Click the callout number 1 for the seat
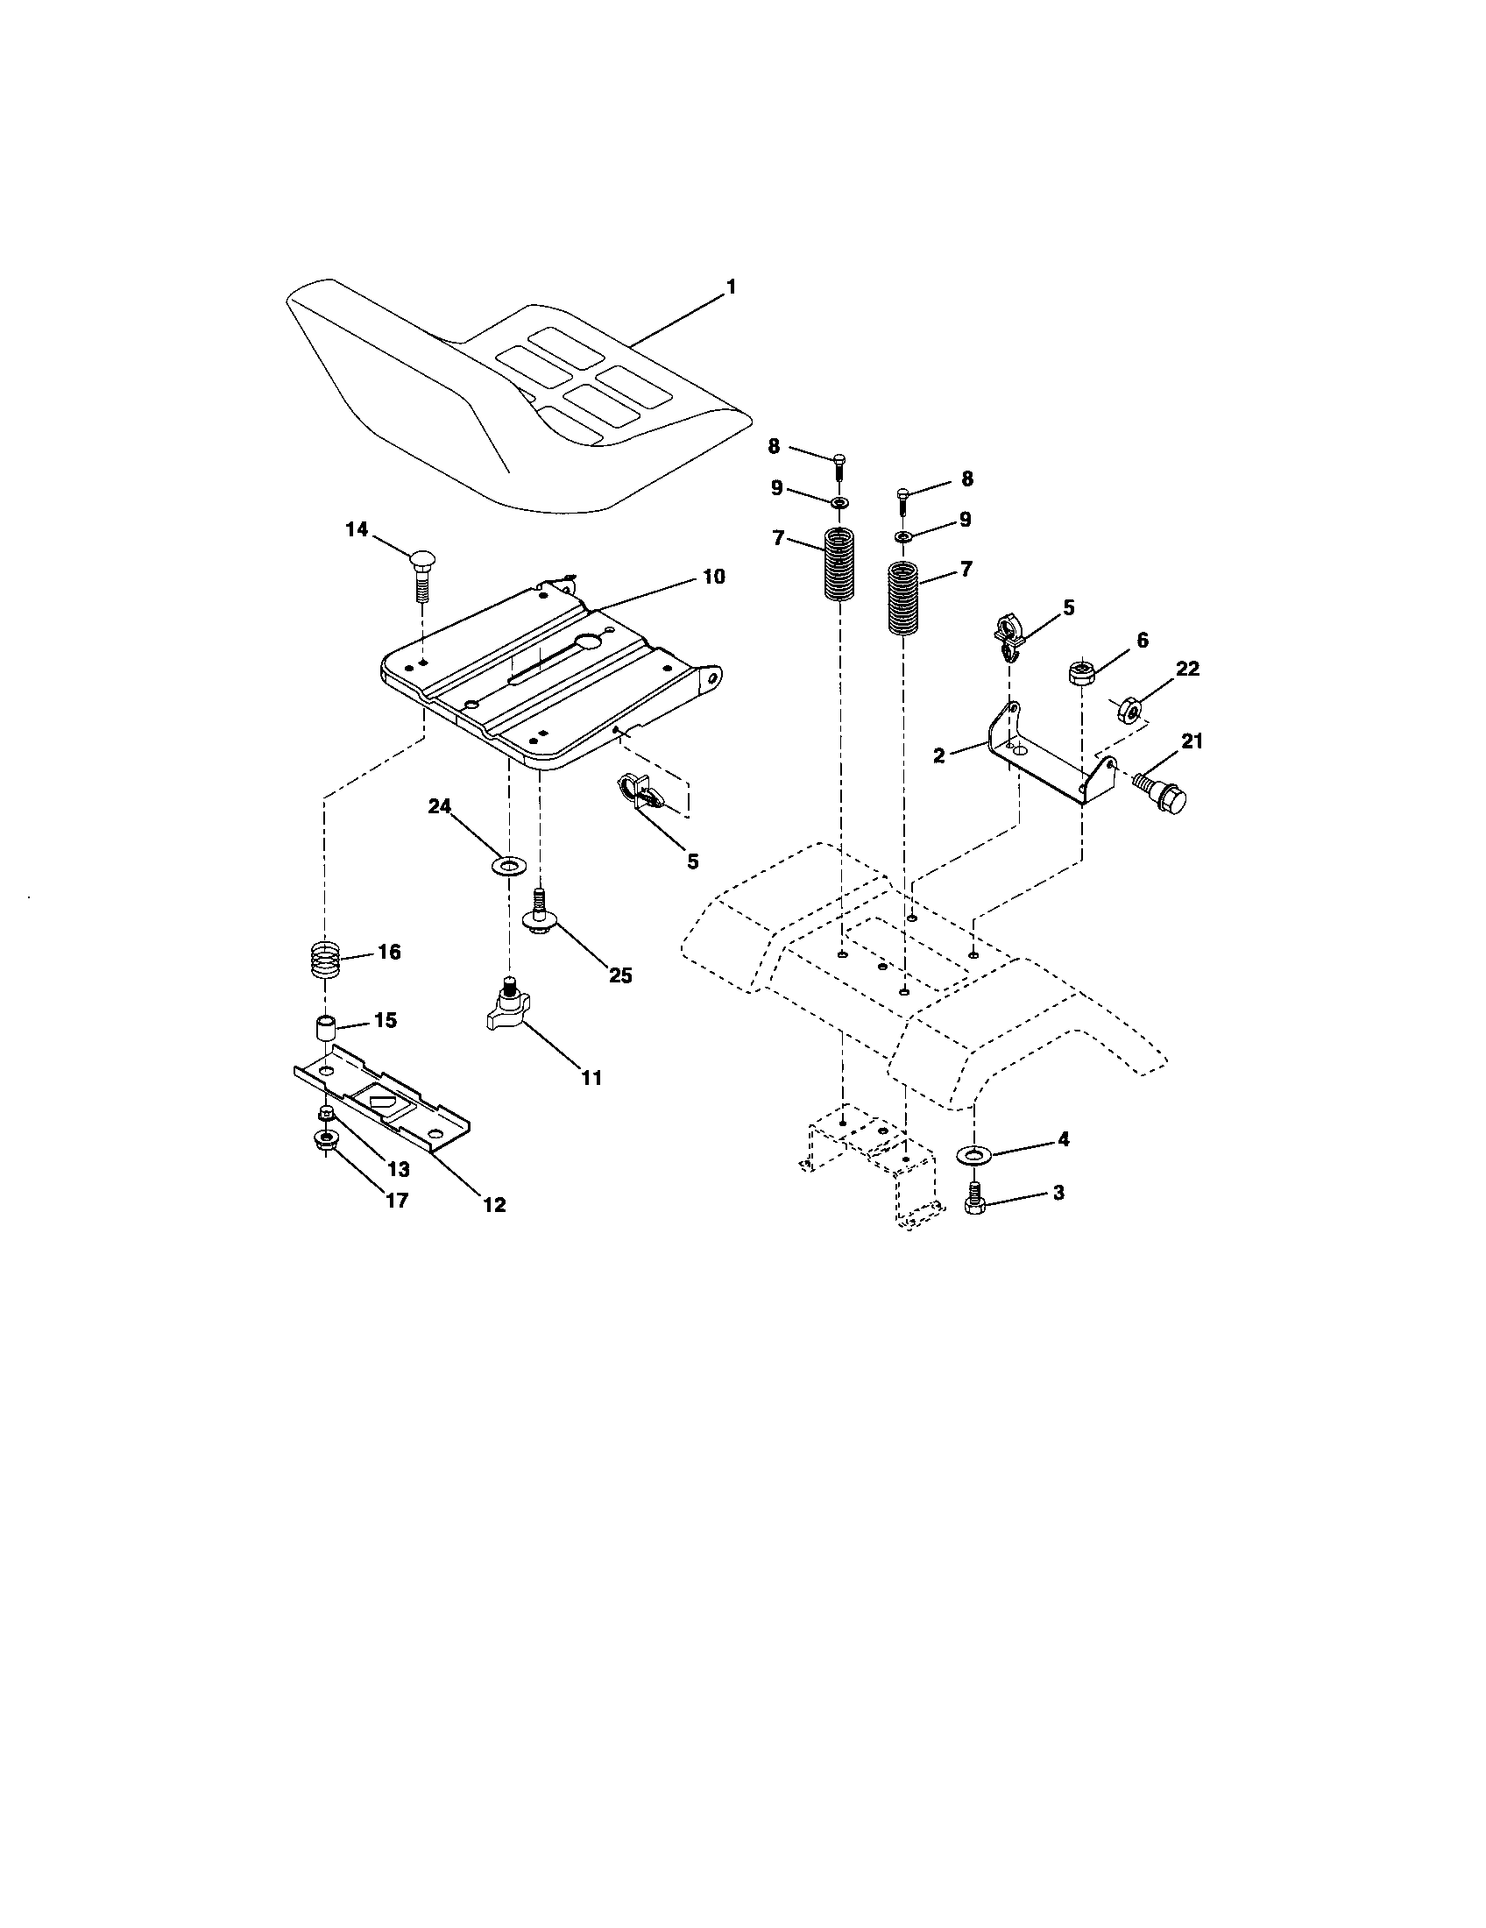[730, 287]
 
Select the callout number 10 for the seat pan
[713, 577]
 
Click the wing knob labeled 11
[506, 1012]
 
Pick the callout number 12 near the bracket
[494, 1204]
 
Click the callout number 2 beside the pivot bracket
[939, 755]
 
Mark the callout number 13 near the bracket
[398, 1170]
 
